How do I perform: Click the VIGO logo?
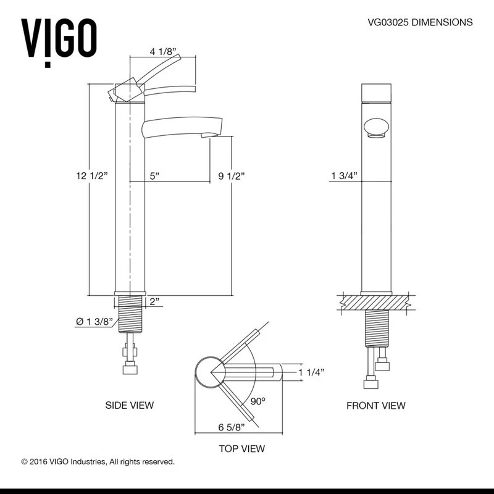(59, 43)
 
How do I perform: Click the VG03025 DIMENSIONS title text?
(420, 22)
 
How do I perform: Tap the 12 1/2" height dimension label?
(91, 175)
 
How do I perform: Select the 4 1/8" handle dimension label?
(162, 51)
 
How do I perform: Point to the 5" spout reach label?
(154, 176)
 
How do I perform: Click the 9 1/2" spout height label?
(232, 176)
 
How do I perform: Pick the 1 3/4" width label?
(345, 175)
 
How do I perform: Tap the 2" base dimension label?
(154, 301)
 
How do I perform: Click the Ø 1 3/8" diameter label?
(94, 322)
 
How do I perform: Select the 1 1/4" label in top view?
(312, 372)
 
